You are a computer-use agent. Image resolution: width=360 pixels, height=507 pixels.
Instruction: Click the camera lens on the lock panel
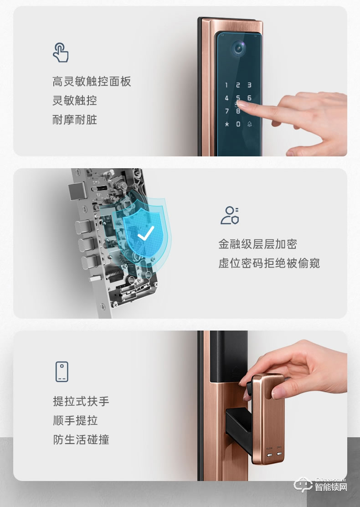[x=239, y=48]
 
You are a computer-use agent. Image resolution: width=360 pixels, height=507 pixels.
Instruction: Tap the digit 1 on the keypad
[x=226, y=85]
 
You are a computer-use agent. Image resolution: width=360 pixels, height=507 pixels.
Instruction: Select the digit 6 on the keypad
[x=249, y=98]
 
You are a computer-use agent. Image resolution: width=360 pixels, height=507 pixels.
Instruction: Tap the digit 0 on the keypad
[x=238, y=124]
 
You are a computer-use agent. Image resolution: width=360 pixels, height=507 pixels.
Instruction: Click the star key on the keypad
[x=226, y=124]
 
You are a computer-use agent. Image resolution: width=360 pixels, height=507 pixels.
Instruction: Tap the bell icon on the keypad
[x=249, y=124]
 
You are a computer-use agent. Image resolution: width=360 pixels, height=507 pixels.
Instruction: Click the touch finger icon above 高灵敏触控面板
[x=61, y=52]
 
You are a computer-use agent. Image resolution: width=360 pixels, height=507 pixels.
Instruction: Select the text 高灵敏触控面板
[x=92, y=82]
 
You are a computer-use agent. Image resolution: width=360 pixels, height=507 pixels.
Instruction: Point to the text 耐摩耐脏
[x=75, y=119]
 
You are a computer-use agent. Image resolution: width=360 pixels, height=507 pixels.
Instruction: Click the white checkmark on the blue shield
[x=146, y=233]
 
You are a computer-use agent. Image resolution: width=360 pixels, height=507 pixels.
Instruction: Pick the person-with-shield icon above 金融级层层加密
[x=230, y=215]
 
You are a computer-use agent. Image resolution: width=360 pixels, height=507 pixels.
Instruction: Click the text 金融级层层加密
[x=257, y=244]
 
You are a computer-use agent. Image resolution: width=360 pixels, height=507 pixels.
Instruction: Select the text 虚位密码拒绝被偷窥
[x=269, y=263]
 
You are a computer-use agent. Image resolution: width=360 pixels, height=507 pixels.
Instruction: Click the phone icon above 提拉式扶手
[x=62, y=372]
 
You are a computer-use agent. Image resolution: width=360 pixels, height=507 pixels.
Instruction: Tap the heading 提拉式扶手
[x=81, y=401]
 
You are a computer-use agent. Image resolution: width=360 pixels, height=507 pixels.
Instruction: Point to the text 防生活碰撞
[x=81, y=440]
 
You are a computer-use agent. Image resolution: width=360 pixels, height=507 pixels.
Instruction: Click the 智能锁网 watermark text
[x=331, y=487]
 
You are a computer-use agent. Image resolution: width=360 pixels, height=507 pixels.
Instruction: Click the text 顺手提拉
[x=75, y=420]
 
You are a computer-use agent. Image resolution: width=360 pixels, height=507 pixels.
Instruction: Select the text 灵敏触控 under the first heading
[x=75, y=101]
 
